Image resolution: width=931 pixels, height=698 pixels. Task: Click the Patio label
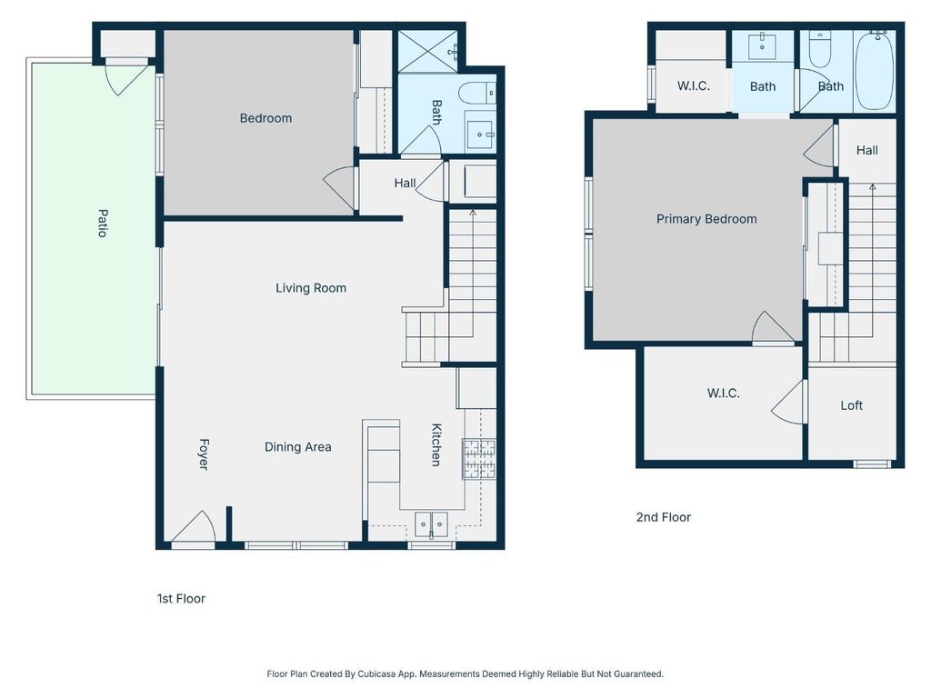tap(103, 224)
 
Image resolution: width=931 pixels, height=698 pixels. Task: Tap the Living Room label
tap(311, 288)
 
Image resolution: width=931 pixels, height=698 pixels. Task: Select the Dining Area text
tap(297, 447)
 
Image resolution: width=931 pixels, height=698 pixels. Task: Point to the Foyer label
tap(204, 454)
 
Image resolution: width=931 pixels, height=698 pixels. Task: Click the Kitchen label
tap(435, 444)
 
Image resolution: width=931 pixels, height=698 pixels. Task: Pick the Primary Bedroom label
tap(706, 219)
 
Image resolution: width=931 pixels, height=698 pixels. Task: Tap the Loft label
tap(851, 405)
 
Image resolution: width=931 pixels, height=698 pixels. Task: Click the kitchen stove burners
tap(479, 458)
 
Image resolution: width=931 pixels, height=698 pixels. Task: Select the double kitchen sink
tap(431, 524)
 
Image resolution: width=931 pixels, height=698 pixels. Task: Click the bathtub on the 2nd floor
tap(874, 71)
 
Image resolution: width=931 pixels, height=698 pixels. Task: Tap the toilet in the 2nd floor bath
tap(820, 51)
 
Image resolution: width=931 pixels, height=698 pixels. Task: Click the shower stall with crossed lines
tap(428, 51)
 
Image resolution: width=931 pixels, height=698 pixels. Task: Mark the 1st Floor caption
tap(181, 598)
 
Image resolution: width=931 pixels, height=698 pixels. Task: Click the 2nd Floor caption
tap(663, 517)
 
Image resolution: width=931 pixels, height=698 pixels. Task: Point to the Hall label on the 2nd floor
tap(866, 150)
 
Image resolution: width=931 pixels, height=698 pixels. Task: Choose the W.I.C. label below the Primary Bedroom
tap(723, 393)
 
